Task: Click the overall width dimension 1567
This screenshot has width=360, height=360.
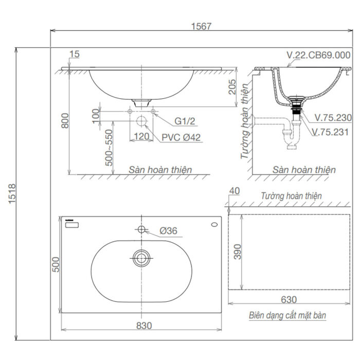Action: click(x=201, y=26)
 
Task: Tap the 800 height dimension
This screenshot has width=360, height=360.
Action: click(x=63, y=121)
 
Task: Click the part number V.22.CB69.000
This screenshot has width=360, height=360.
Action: click(x=318, y=56)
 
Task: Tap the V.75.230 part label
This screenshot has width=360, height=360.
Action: click(x=332, y=118)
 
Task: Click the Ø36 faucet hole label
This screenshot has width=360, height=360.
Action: click(x=168, y=231)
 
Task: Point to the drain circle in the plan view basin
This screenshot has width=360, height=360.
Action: click(x=141, y=258)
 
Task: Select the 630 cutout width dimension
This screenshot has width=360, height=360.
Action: click(x=289, y=300)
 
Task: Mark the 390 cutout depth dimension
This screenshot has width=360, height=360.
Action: click(x=237, y=251)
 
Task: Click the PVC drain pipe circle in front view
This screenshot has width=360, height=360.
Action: click(x=141, y=122)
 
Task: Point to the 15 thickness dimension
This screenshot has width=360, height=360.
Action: click(x=74, y=54)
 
